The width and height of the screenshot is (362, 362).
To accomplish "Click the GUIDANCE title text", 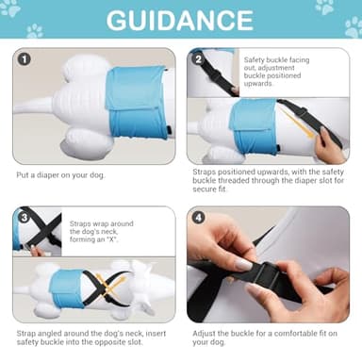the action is point(180,20).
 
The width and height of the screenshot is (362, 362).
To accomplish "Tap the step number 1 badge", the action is point(25,59).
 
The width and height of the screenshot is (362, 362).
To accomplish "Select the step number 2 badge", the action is point(198,58).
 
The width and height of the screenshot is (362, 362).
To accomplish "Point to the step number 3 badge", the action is point(25,218).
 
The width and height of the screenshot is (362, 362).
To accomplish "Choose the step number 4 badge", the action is point(198,218).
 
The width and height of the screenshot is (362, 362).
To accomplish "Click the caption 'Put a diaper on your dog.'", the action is point(60,175).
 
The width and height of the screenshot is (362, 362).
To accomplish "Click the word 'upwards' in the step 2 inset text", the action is point(258,84).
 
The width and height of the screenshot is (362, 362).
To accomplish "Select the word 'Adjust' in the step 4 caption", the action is point(204,334).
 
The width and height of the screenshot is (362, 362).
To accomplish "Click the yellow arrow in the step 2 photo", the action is point(298,123).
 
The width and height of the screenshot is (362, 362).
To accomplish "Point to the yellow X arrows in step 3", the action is point(110,286).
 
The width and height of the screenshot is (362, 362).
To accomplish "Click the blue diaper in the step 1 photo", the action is point(137,103).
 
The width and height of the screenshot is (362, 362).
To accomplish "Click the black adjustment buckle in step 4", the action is point(266,276).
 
